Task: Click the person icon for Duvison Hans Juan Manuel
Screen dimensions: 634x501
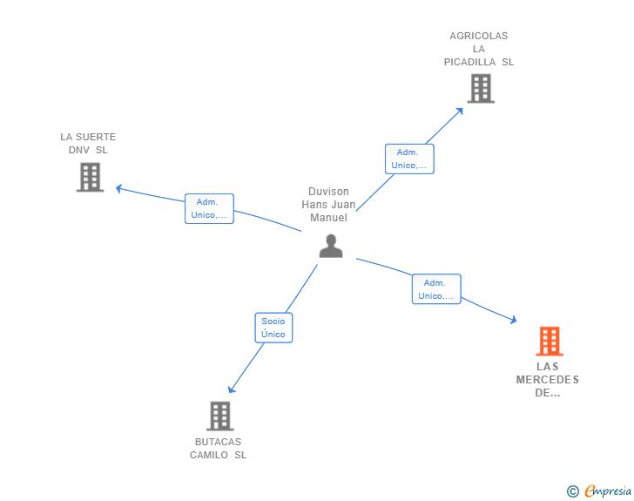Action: point(331,246)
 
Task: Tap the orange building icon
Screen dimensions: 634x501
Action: point(550,342)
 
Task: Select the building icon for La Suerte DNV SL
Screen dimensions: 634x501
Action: point(91,177)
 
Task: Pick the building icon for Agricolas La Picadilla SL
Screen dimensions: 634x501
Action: point(481,88)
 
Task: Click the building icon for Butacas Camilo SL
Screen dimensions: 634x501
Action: point(220,416)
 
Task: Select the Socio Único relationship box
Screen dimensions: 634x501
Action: point(273,328)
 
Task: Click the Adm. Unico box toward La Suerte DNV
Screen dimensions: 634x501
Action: point(209,208)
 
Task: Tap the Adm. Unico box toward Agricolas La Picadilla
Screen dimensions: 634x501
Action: point(409,159)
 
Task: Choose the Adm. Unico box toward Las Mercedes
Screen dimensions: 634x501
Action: point(436,289)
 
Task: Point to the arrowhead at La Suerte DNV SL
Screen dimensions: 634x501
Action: point(118,188)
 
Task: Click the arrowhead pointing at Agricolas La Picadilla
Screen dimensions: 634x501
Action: point(460,112)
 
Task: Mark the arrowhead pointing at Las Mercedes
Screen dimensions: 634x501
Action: point(514,320)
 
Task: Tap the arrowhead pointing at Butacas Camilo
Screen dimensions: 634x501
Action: point(232,389)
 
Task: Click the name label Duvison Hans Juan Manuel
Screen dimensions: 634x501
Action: point(328,205)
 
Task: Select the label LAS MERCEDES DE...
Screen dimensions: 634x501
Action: point(548,380)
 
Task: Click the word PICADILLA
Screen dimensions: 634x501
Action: point(469,62)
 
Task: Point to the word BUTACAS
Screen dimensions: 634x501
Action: point(218,442)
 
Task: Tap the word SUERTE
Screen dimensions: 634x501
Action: point(96,137)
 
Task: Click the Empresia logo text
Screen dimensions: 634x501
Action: point(608,491)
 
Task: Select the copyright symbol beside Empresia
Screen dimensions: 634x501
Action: point(572,491)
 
